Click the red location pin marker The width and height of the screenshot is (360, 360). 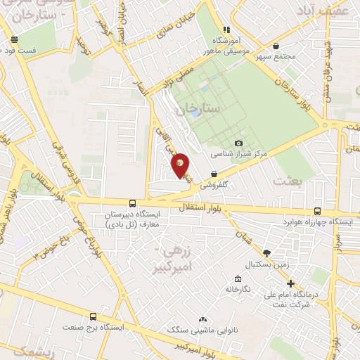click(x=181, y=165)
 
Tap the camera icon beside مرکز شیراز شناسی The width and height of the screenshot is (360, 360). click(x=238, y=143)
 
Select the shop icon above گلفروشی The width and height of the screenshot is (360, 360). click(x=213, y=175)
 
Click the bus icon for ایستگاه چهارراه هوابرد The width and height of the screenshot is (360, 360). click(x=317, y=211)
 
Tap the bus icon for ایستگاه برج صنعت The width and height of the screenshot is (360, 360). click(x=94, y=317)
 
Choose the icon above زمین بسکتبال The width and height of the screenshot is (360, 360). click(x=266, y=253)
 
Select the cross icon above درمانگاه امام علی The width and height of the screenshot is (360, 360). click(x=291, y=283)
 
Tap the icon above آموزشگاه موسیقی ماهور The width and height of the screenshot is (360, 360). click(x=226, y=30)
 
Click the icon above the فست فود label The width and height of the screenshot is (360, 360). click(x=14, y=40)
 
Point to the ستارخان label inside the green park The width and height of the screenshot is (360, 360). click(x=198, y=108)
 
